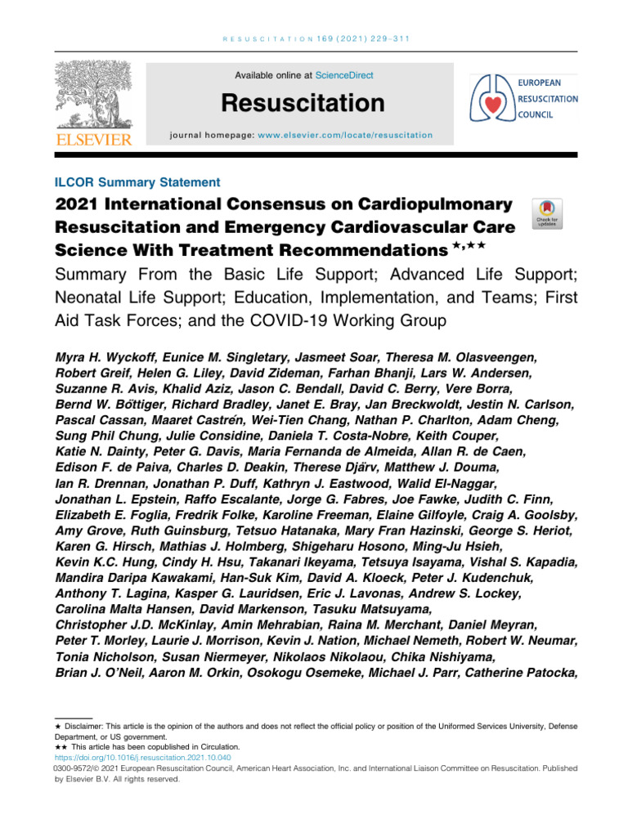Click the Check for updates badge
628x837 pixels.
click(546, 214)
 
